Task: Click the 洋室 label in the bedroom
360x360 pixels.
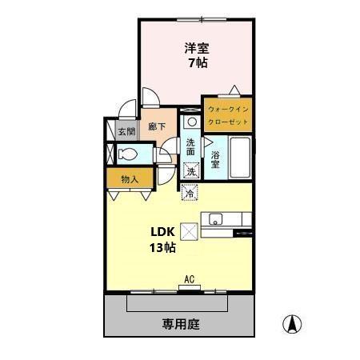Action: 197,47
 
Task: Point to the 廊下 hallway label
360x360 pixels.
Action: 156,126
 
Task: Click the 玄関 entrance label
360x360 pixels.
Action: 126,132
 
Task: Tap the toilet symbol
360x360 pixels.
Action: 126,154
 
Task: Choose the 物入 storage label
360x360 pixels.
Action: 130,179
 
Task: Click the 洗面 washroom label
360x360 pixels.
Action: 190,148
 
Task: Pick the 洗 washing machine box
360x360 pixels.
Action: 190,170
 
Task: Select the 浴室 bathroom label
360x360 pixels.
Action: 215,158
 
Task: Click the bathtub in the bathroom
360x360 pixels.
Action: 239,158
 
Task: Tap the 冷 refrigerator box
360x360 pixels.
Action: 190,192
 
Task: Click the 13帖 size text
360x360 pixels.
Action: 162,247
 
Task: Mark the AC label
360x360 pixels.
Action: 190,279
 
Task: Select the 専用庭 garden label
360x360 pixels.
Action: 180,324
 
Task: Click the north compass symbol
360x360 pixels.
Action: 293,324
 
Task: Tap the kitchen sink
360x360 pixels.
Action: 215,218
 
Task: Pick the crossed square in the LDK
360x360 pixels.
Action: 190,230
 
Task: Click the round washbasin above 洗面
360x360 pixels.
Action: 192,122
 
